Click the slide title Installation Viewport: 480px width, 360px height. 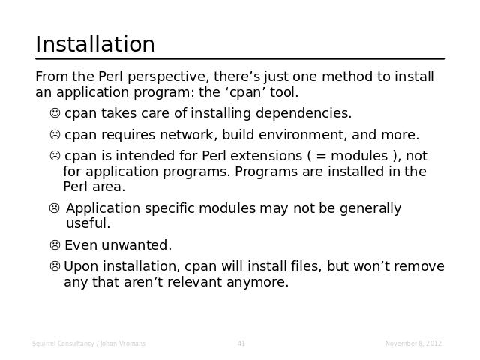pos(95,44)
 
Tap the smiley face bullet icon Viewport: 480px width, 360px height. pos(55,113)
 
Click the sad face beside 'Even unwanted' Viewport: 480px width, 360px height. pos(55,245)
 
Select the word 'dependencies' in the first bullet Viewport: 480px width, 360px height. pos(303,113)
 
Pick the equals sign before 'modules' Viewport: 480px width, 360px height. pos(321,157)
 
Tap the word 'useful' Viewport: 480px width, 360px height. pos(88,223)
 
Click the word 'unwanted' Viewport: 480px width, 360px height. pos(136,245)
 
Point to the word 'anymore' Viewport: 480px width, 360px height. pos(257,283)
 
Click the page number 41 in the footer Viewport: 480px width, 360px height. pos(241,343)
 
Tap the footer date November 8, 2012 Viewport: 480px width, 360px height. pos(413,343)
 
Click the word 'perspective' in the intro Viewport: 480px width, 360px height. pos(168,77)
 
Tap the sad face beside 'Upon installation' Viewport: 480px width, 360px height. pos(55,266)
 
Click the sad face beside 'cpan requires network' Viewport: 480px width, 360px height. pos(55,135)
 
